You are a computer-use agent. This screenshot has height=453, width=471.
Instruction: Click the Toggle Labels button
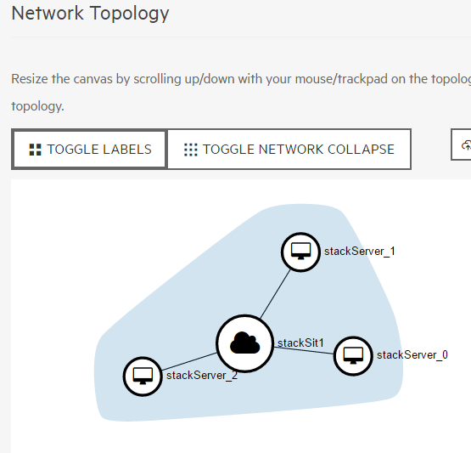pos(89,150)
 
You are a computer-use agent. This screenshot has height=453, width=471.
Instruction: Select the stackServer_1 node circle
pos(300,252)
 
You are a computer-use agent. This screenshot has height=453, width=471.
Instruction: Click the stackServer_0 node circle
pos(353,356)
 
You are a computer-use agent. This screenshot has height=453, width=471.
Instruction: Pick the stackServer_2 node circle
pos(143,377)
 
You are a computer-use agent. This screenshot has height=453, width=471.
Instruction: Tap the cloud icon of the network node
pos(244,343)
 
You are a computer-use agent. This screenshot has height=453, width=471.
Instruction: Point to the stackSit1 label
pos(300,343)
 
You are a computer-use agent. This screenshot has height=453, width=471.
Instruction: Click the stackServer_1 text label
pos(360,252)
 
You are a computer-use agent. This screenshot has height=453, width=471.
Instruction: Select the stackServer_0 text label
pos(412,355)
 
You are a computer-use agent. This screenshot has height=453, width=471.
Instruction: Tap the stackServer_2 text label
pos(202,376)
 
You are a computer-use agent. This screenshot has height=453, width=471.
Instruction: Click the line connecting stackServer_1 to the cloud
pos(276,294)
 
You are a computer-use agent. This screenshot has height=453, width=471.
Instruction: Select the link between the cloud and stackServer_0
pos(304,350)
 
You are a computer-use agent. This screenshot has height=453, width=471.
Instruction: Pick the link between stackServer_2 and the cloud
pos(189,361)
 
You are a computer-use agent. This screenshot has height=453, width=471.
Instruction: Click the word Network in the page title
pos(48,14)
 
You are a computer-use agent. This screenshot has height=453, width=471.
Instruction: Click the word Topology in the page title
pos(130,14)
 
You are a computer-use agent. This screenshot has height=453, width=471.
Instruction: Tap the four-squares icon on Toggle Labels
pos(35,150)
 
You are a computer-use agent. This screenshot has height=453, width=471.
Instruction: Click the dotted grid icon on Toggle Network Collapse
pos(191,150)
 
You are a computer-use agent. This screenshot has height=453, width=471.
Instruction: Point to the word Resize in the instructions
pos(30,79)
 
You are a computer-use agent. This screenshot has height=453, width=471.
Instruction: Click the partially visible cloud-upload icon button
pos(462,144)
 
